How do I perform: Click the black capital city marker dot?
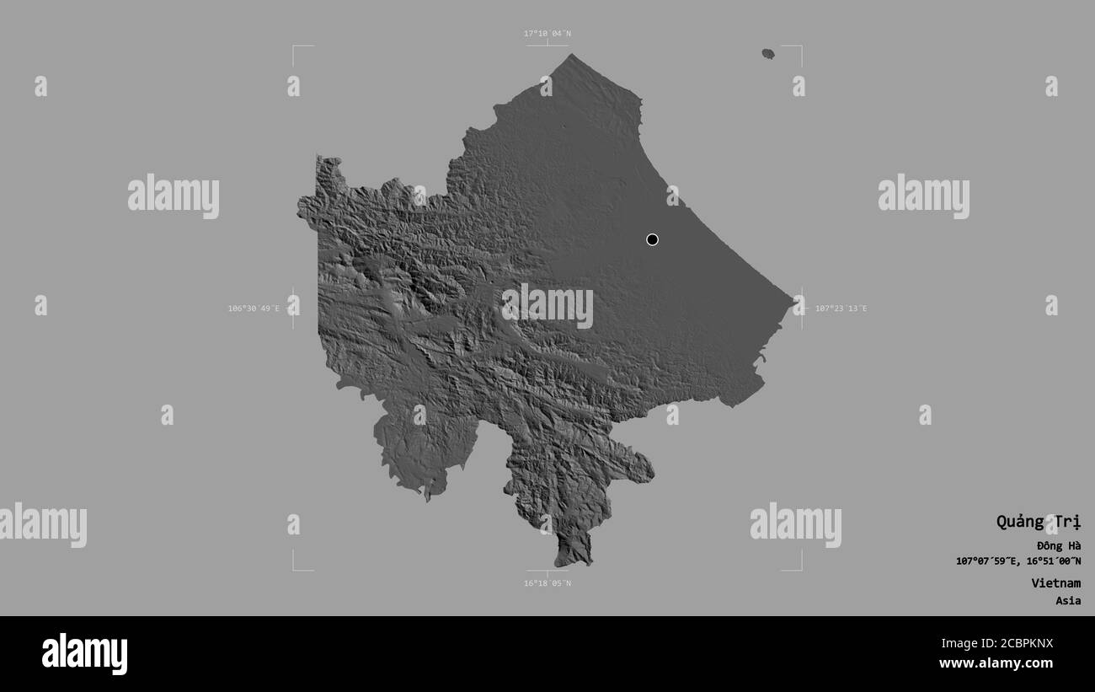tap(652, 239)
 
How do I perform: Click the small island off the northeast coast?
tap(768, 54)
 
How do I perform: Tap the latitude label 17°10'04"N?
tap(547, 34)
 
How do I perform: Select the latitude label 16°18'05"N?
tap(547, 583)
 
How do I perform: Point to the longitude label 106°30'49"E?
tap(254, 308)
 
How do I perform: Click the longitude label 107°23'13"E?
tap(841, 308)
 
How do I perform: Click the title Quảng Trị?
tap(1038, 521)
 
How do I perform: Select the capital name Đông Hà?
tap(1059, 545)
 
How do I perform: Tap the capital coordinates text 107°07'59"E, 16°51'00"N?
tap(1018, 561)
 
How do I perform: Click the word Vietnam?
tap(1055, 582)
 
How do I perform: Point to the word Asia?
tap(1068, 601)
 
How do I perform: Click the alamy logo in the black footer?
tap(84, 654)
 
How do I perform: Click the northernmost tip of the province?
tap(571, 55)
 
